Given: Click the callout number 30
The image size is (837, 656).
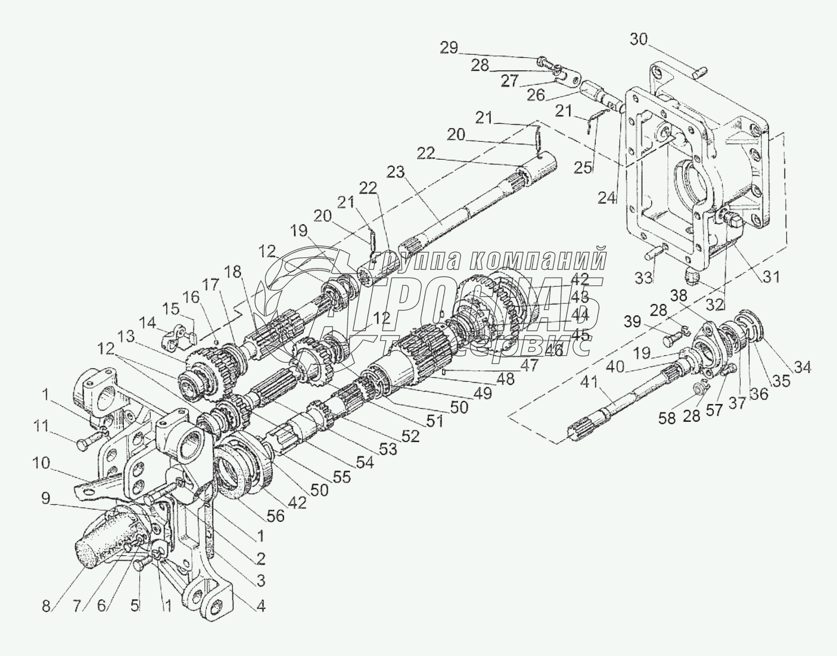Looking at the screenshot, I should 639,40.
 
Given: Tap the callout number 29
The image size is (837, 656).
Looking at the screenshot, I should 449,48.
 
